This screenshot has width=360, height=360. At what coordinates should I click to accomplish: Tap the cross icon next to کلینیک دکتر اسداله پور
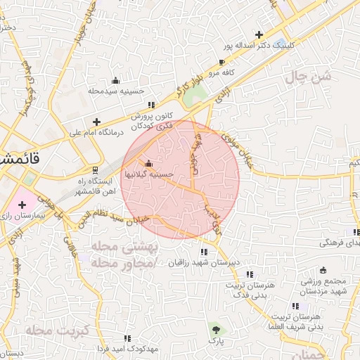259,34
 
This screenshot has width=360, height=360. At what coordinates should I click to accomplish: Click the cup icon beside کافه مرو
221,63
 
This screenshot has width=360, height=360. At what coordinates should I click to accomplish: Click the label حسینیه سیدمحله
116,91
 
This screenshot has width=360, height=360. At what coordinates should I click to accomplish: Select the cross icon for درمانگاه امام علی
96,122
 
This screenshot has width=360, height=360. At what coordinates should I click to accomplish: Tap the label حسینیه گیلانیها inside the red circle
148,173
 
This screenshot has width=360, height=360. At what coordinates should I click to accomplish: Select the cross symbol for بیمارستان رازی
22,204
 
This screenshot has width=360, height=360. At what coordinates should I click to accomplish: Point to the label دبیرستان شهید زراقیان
204,262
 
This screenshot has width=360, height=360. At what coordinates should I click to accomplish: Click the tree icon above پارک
215,328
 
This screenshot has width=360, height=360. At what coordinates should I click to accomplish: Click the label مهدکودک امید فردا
127,348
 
